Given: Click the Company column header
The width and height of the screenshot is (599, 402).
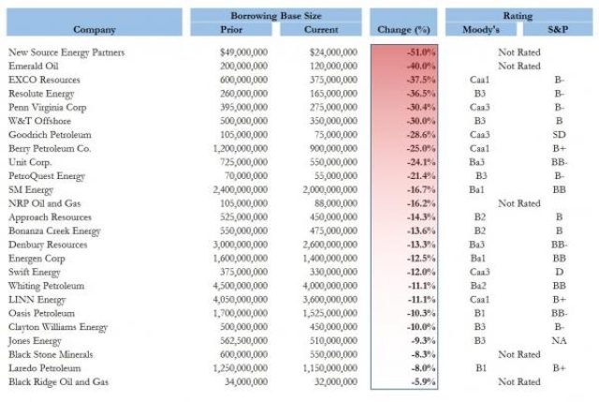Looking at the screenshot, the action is (95, 30).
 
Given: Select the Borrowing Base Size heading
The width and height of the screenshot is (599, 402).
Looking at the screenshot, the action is (276, 16).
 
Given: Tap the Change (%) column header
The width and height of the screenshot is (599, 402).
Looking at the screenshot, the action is (403, 30).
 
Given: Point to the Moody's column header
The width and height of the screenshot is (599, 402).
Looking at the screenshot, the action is (481, 30).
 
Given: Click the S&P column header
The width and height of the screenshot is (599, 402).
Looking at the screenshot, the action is (558, 30).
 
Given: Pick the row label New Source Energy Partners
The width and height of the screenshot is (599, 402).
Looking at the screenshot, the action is (66, 52).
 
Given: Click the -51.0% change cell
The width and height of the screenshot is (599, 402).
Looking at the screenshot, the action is (421, 52).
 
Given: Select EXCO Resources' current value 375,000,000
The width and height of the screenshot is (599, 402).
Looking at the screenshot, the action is (333, 80).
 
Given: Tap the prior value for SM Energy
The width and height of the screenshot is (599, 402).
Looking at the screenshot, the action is (241, 189).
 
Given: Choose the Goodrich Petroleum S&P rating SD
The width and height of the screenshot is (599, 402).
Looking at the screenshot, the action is (559, 135).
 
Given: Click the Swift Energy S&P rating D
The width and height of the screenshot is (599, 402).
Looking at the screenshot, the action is (559, 272).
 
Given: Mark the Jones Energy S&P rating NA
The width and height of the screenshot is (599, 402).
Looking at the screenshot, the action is (559, 341).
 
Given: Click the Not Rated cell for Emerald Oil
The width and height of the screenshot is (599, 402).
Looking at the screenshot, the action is (519, 67).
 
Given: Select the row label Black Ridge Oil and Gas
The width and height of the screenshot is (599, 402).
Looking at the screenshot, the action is (58, 381).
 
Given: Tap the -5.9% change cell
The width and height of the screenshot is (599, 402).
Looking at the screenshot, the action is (423, 381).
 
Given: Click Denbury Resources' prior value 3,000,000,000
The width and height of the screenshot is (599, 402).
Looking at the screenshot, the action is (241, 245).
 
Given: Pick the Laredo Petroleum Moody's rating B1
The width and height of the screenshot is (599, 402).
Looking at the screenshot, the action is (481, 368).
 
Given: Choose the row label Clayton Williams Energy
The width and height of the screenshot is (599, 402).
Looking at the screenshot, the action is (58, 327).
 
